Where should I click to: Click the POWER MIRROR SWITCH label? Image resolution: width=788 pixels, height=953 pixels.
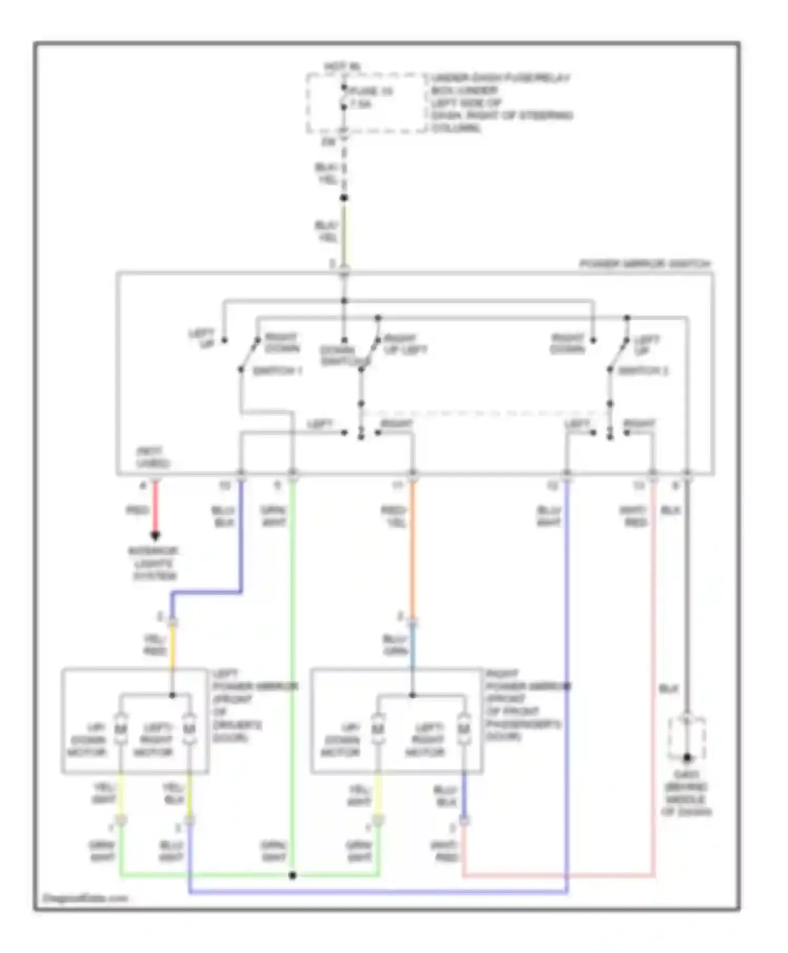pyautogui.click(x=645, y=264)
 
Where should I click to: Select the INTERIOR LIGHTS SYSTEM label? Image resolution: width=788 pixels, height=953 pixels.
pyautogui.click(x=154, y=563)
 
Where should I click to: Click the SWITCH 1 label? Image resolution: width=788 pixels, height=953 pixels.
pyautogui.click(x=277, y=371)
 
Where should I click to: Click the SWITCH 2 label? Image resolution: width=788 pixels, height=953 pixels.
pyautogui.click(x=643, y=371)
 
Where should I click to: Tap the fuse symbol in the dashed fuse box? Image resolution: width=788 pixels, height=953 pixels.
pyautogui.click(x=344, y=98)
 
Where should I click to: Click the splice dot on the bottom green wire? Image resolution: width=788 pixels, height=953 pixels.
pyautogui.click(x=293, y=875)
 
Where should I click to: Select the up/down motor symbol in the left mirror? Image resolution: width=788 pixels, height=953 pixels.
pyautogui.click(x=121, y=729)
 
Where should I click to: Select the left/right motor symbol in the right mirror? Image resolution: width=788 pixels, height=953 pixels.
pyautogui.click(x=463, y=729)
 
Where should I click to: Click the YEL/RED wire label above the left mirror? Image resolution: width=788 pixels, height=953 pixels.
pyautogui.click(x=155, y=645)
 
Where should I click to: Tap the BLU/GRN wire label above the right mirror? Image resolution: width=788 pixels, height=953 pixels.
pyautogui.click(x=395, y=645)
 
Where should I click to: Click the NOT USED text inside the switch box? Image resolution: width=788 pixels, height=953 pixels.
pyautogui.click(x=152, y=458)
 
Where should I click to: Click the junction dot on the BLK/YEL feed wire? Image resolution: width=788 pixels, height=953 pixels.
pyautogui.click(x=344, y=198)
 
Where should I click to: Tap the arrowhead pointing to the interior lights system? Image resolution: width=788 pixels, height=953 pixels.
pyautogui.click(x=155, y=536)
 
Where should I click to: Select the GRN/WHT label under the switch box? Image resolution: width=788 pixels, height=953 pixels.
pyautogui.click(x=274, y=516)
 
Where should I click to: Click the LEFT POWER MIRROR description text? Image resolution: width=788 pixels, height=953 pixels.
pyautogui.click(x=247, y=706)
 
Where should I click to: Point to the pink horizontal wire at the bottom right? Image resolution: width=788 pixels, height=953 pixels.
pyautogui.click(x=557, y=876)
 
